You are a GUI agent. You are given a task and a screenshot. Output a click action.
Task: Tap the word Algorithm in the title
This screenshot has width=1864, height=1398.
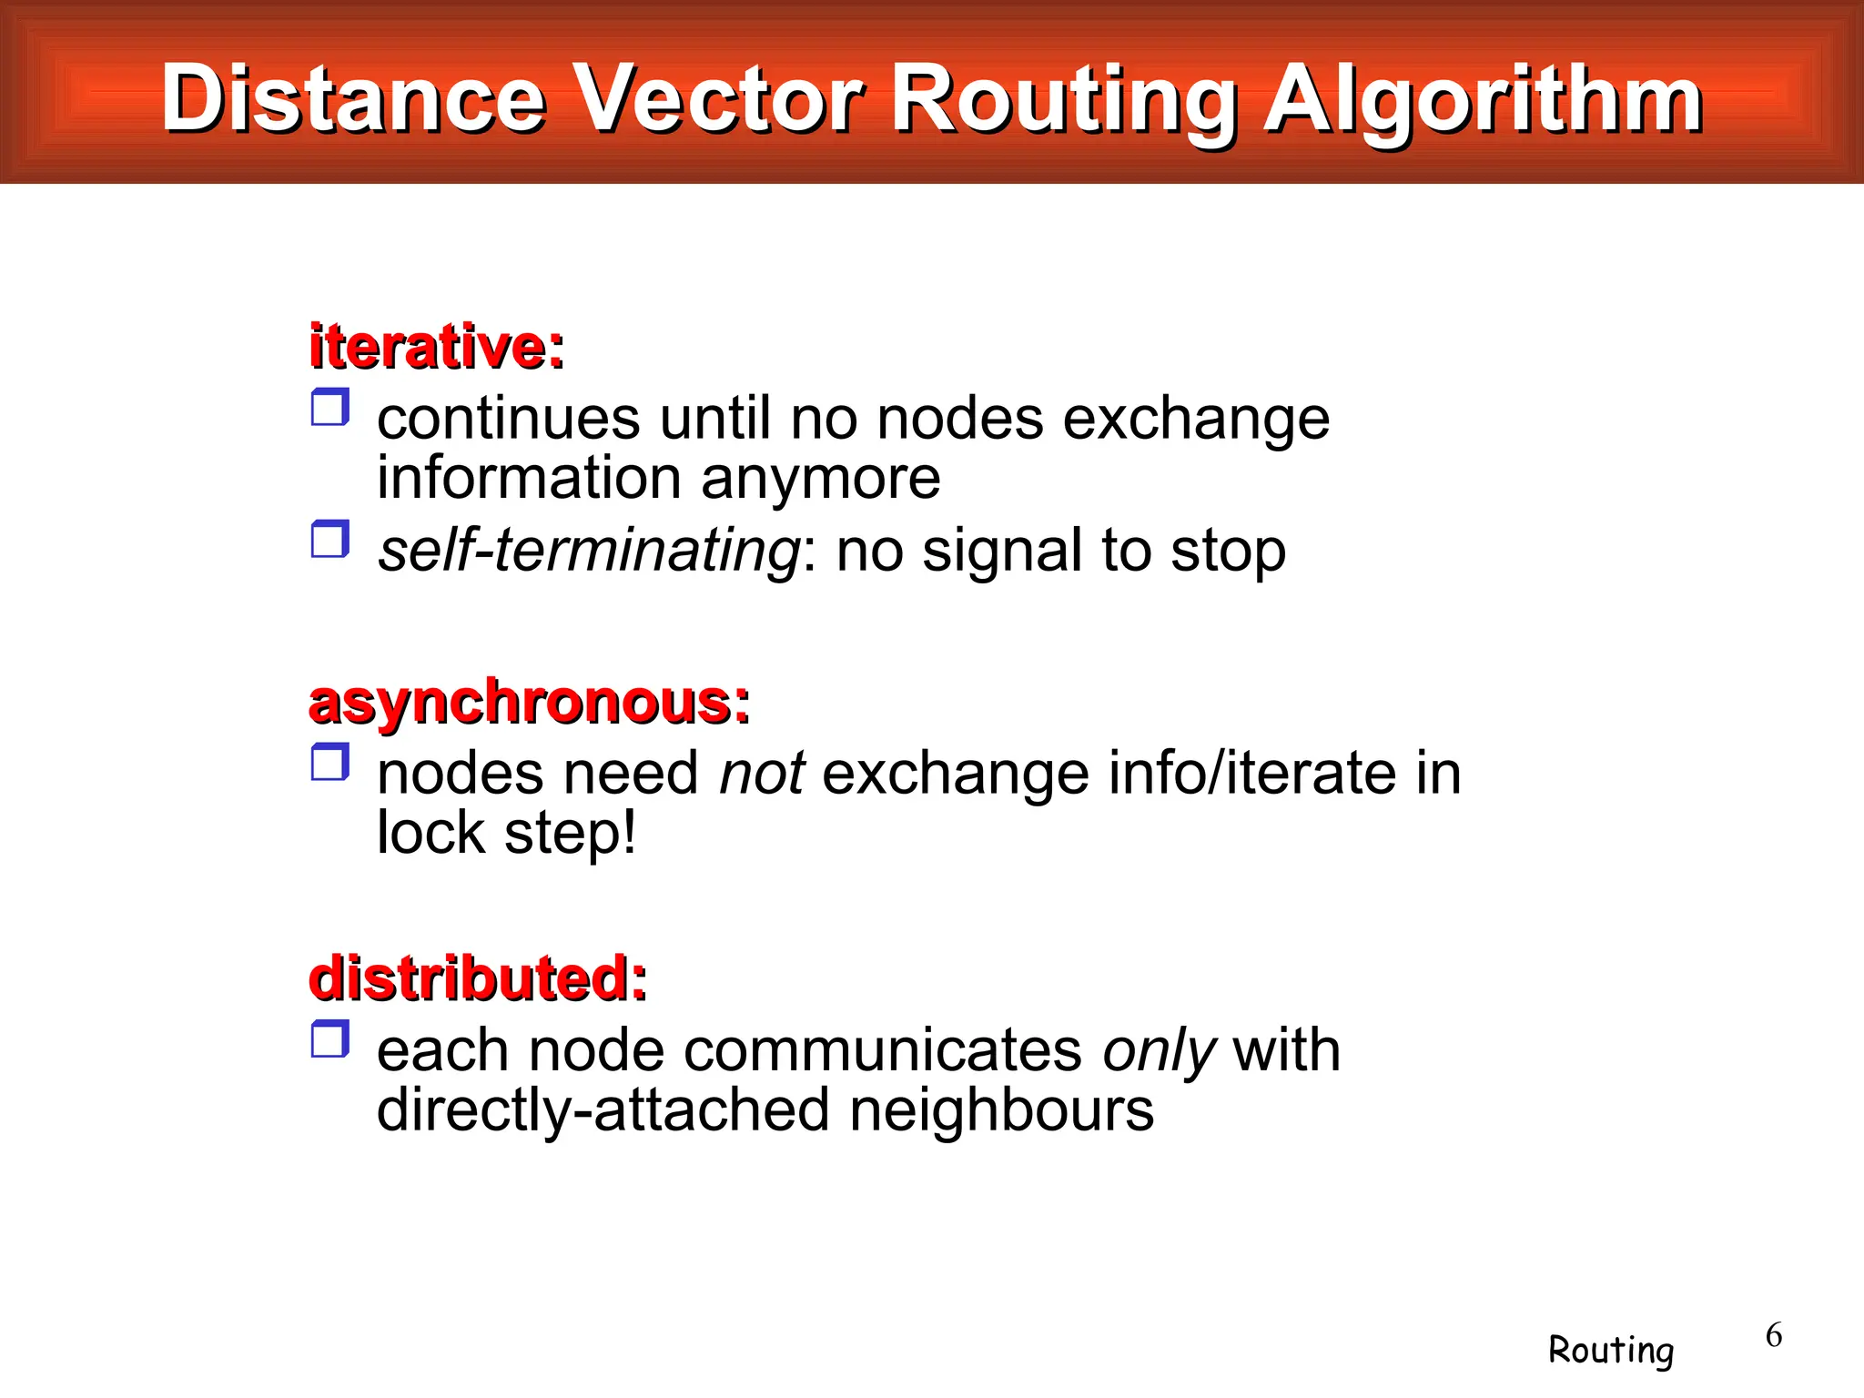click(x=1483, y=100)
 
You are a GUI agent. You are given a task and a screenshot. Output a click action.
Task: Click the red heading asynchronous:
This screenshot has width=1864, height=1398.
click(x=530, y=703)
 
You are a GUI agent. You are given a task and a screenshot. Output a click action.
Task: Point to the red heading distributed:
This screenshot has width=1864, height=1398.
click(x=478, y=979)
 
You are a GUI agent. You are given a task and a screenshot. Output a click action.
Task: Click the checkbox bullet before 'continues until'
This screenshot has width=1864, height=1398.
click(x=329, y=408)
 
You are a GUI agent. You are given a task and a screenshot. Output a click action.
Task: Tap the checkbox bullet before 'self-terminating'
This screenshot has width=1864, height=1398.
click(x=329, y=540)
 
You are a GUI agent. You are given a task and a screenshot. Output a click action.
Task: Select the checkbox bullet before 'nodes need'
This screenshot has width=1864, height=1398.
click(x=329, y=763)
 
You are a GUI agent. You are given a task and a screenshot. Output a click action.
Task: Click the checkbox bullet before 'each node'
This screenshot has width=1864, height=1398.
click(x=329, y=1039)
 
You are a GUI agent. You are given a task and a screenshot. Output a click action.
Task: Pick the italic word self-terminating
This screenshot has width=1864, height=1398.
click(x=589, y=551)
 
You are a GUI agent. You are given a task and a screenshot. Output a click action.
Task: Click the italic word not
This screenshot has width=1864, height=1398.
click(x=762, y=774)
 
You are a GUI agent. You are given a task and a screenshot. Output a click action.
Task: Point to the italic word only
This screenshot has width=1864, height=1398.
click(x=1159, y=1051)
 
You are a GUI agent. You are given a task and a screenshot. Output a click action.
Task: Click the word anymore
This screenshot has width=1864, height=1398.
click(x=820, y=479)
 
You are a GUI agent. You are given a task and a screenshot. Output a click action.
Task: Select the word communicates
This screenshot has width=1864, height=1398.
click(x=883, y=1050)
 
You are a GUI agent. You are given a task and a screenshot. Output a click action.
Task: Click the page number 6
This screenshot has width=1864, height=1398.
click(x=1774, y=1335)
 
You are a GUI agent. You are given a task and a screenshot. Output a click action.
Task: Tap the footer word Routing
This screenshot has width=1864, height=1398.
click(x=1611, y=1350)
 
